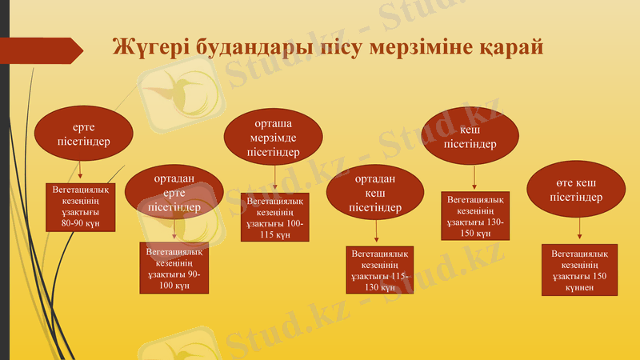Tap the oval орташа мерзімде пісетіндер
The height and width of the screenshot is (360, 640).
[273, 136]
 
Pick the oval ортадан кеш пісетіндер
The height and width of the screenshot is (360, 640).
[375, 194]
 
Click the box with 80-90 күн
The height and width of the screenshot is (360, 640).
[81, 207]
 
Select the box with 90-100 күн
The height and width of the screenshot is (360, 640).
[174, 268]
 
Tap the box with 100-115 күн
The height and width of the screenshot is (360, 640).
[274, 218]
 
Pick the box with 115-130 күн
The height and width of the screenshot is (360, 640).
[380, 270]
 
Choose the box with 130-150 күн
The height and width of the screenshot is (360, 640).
[474, 216]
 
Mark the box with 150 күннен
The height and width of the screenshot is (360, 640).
[579, 270]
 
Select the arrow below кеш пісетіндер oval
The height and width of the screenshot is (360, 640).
[474, 177]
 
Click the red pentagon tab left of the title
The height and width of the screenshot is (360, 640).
[45, 50]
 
